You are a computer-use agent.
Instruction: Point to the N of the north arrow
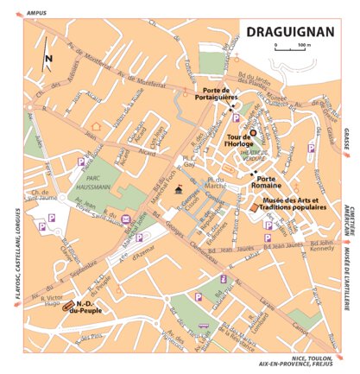coord(49,59)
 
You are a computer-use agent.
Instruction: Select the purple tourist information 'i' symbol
coord(224,278)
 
